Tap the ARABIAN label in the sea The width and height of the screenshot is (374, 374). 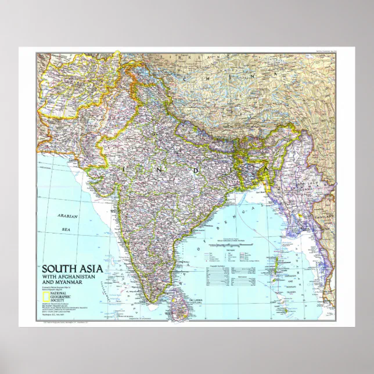coord(67,216)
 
